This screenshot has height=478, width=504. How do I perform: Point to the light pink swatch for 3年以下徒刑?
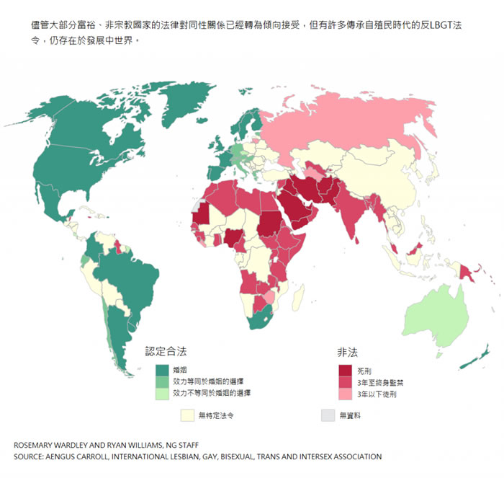(x=346, y=394)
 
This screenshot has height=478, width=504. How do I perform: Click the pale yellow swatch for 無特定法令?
(x=187, y=416)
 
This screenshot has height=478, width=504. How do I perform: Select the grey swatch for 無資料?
(x=328, y=416)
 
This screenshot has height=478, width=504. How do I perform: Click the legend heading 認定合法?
(x=166, y=353)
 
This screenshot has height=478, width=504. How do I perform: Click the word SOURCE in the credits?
(x=30, y=457)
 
